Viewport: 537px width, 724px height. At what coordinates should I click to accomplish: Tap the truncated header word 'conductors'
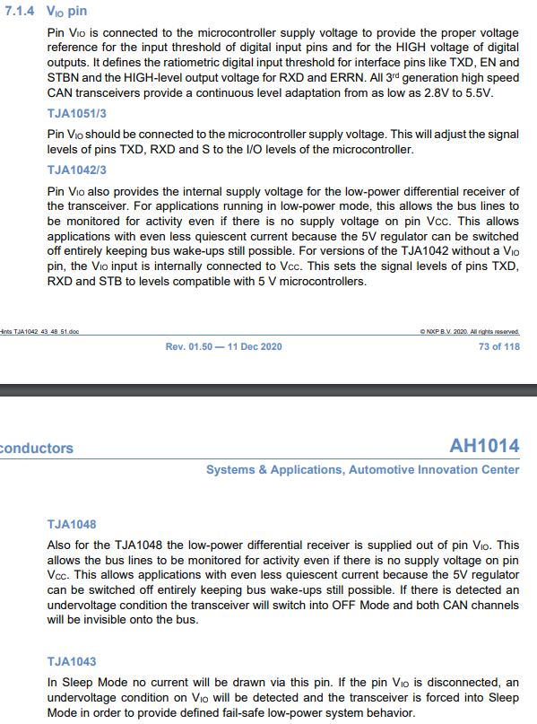37,449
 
